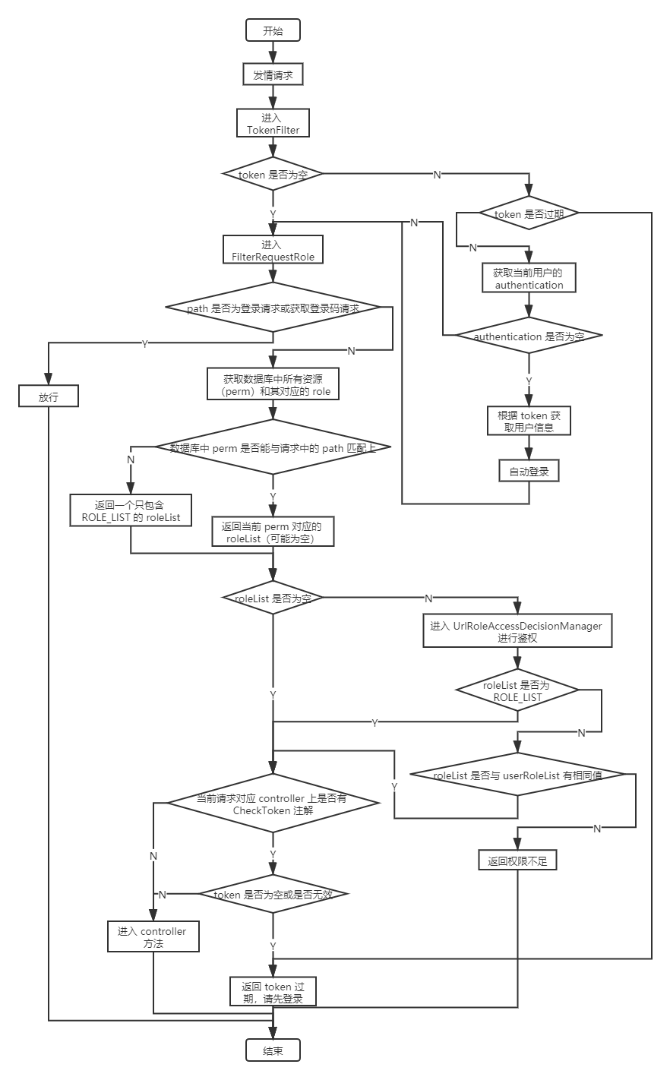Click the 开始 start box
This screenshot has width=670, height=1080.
click(x=273, y=30)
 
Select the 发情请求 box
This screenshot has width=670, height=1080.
click(x=273, y=74)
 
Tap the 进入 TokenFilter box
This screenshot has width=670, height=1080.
click(x=273, y=124)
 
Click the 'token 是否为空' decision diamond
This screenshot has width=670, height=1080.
click(x=273, y=174)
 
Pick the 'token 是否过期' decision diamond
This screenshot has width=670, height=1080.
click(x=529, y=214)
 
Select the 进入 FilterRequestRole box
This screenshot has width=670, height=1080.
click(x=273, y=251)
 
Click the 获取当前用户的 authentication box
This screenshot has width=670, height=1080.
click(x=529, y=278)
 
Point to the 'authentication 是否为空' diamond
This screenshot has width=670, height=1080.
click(x=529, y=336)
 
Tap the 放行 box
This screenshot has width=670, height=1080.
click(x=49, y=396)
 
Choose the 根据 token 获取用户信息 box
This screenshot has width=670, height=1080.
click(x=529, y=421)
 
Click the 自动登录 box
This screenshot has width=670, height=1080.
click(x=529, y=471)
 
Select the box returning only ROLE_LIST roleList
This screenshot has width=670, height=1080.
click(x=131, y=511)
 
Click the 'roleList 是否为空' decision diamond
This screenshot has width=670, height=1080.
click(x=273, y=598)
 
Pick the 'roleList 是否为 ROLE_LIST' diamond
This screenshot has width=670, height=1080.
click(x=517, y=690)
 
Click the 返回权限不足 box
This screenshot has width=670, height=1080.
click(x=517, y=861)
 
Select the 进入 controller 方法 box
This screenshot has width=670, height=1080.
click(x=153, y=936)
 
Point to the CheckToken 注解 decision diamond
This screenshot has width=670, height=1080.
click(x=273, y=804)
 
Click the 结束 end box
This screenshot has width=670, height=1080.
click(x=273, y=1050)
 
